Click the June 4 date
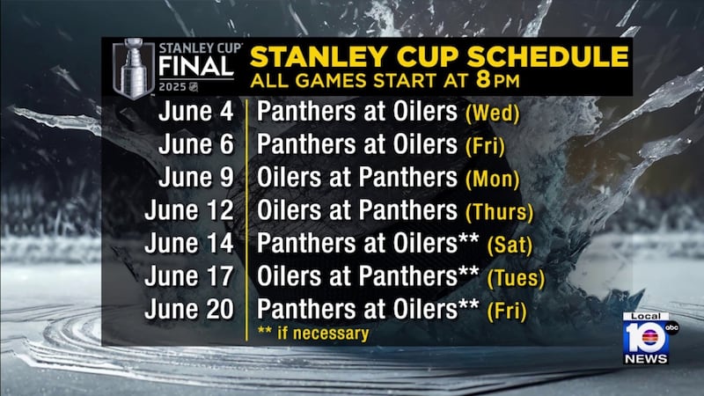coord(196,111)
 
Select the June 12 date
coord(189,210)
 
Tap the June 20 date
coord(189,310)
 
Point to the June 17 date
coord(189,276)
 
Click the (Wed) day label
coord(493,114)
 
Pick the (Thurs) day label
coord(499,212)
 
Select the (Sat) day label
coord(510,246)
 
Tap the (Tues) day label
coord(516,278)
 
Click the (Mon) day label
coord(493,180)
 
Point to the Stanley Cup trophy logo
coord(134,69)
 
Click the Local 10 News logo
coord(648,338)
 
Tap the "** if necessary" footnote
coord(313,334)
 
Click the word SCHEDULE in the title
coord(547,56)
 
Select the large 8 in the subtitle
coord(483,79)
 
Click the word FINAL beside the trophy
coord(196,68)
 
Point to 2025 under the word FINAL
coord(172,87)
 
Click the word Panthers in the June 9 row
coord(407,177)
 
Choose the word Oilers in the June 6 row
coord(425,144)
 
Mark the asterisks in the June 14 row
coord(468,238)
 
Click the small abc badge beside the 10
coord(672,327)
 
